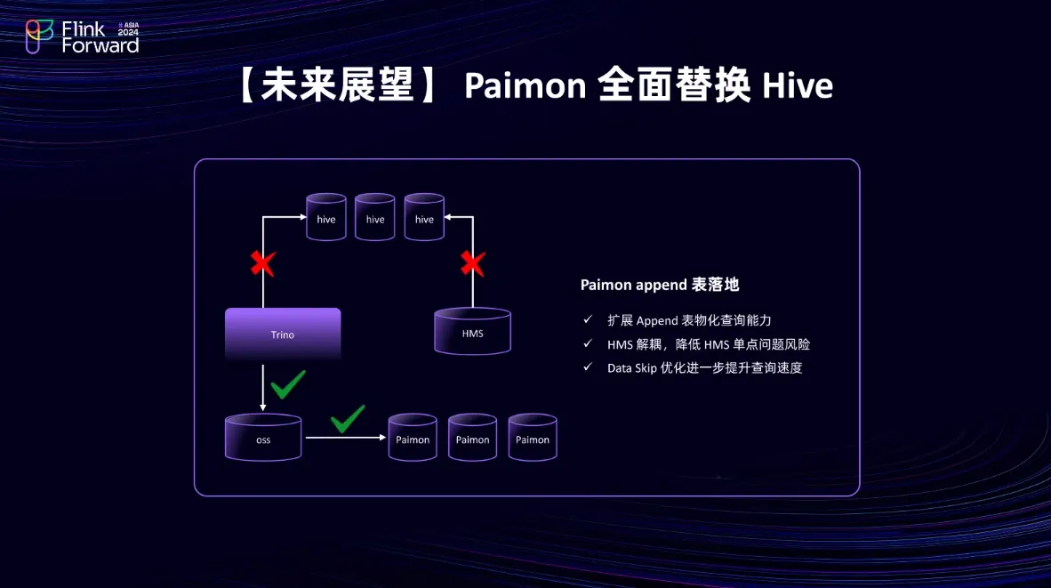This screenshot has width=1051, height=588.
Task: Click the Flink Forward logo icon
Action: [x=40, y=36]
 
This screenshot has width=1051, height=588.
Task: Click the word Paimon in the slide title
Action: [x=525, y=86]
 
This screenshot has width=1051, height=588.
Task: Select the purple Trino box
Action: [x=283, y=334]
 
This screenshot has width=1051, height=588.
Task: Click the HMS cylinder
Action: [x=472, y=332]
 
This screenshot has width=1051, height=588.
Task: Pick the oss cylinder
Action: [x=263, y=438]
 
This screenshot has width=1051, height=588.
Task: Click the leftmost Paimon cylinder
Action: [x=413, y=438]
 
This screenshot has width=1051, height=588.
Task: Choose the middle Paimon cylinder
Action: [x=472, y=438]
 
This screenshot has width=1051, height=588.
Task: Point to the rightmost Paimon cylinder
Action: [x=533, y=438]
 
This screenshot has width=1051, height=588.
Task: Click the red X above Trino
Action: [x=262, y=263]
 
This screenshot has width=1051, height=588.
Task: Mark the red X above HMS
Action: [x=472, y=263]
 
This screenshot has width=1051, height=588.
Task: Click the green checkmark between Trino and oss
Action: [x=287, y=384]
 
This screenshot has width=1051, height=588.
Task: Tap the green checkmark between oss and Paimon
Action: [x=347, y=418]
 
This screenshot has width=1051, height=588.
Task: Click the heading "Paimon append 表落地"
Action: [x=660, y=285]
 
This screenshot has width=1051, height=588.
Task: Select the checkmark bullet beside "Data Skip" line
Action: [x=588, y=367]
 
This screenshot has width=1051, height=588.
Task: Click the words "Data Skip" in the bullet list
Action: [x=631, y=367]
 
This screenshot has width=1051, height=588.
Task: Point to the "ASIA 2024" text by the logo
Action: [x=129, y=29]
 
